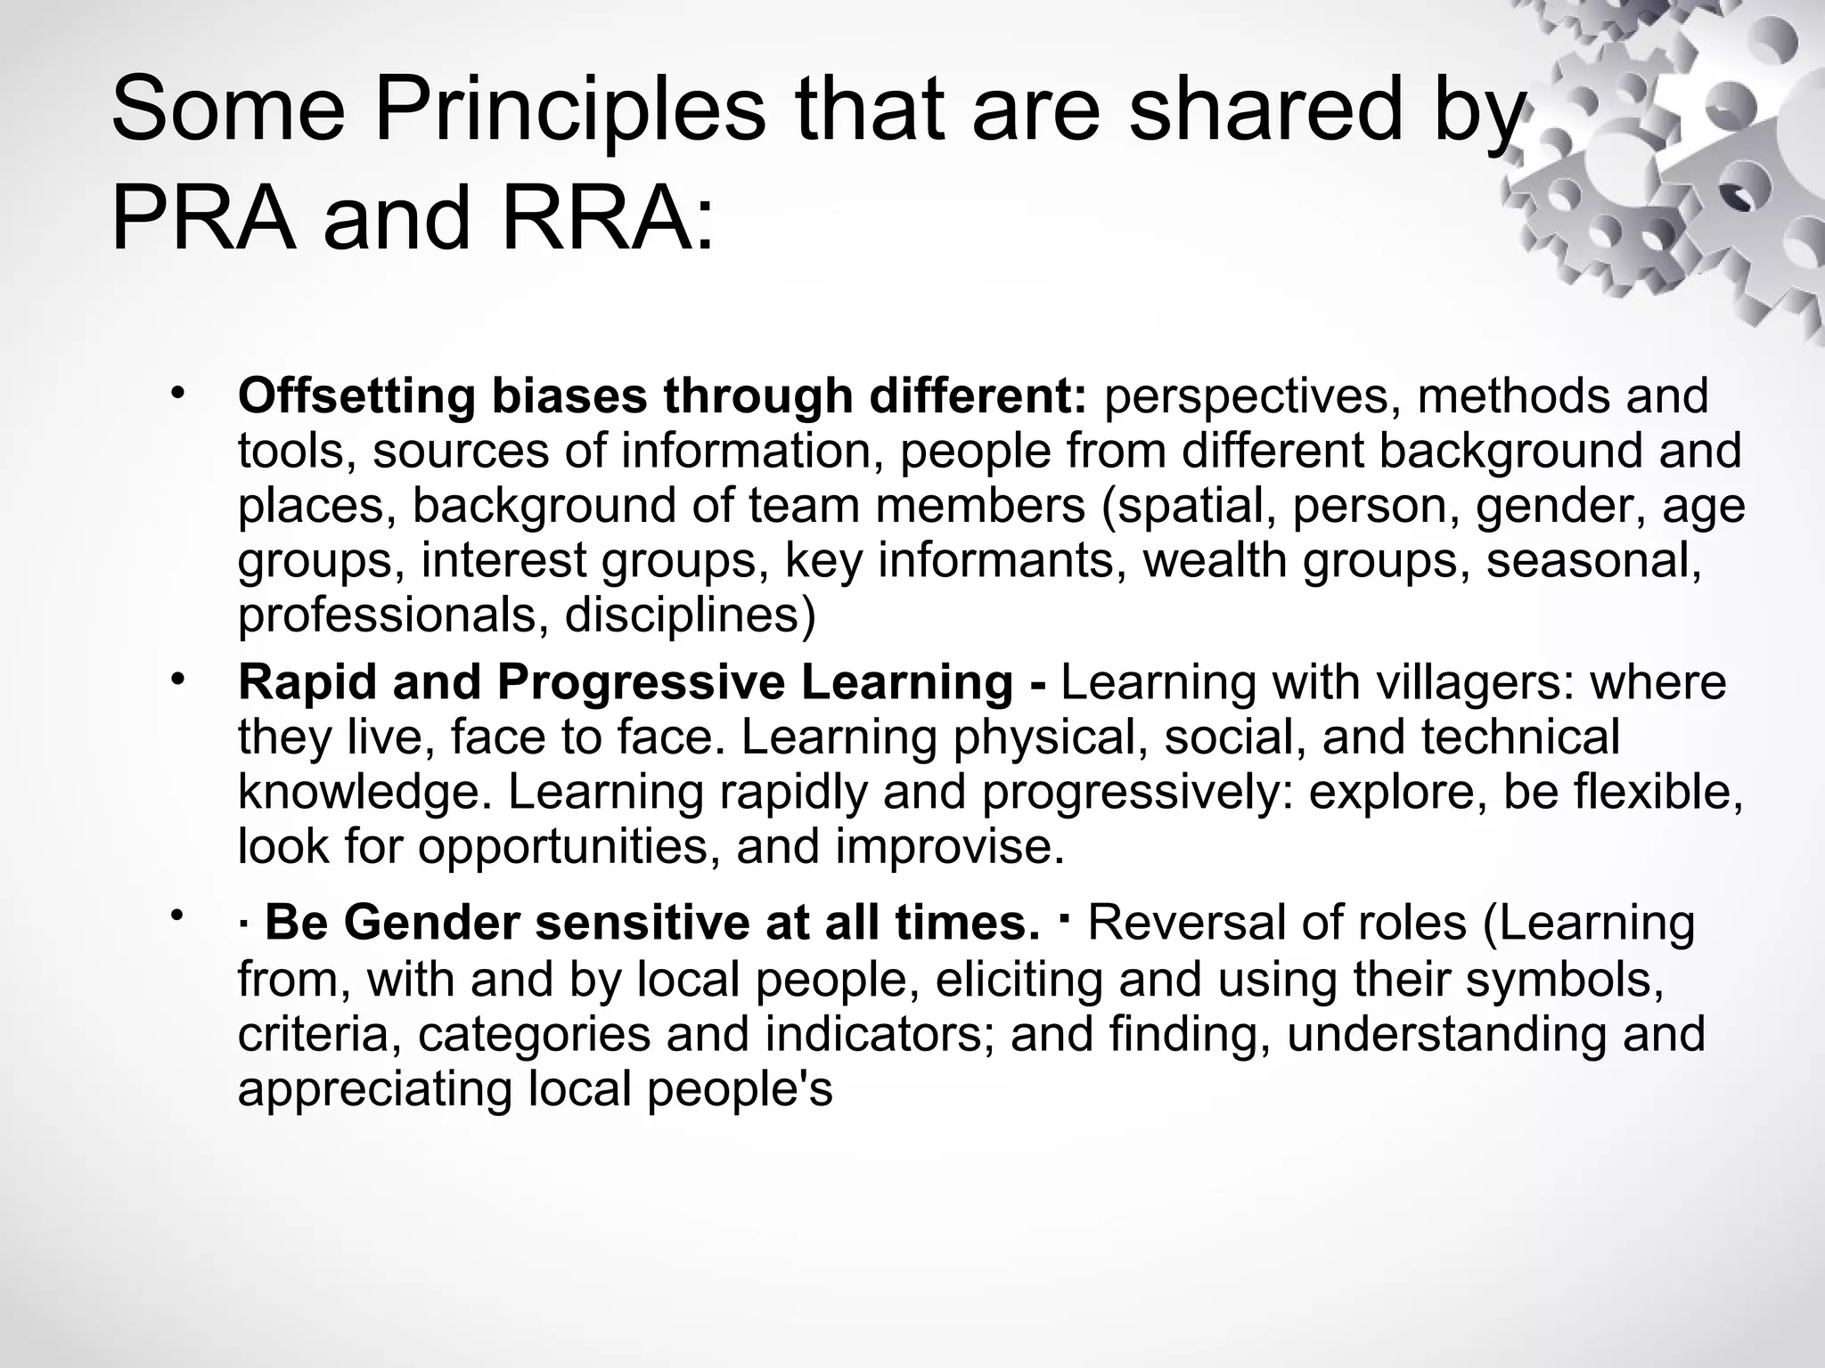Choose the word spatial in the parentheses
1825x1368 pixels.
tap(1190, 506)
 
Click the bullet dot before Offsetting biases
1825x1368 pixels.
tap(177, 393)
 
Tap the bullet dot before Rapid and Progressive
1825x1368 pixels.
tap(177, 679)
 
